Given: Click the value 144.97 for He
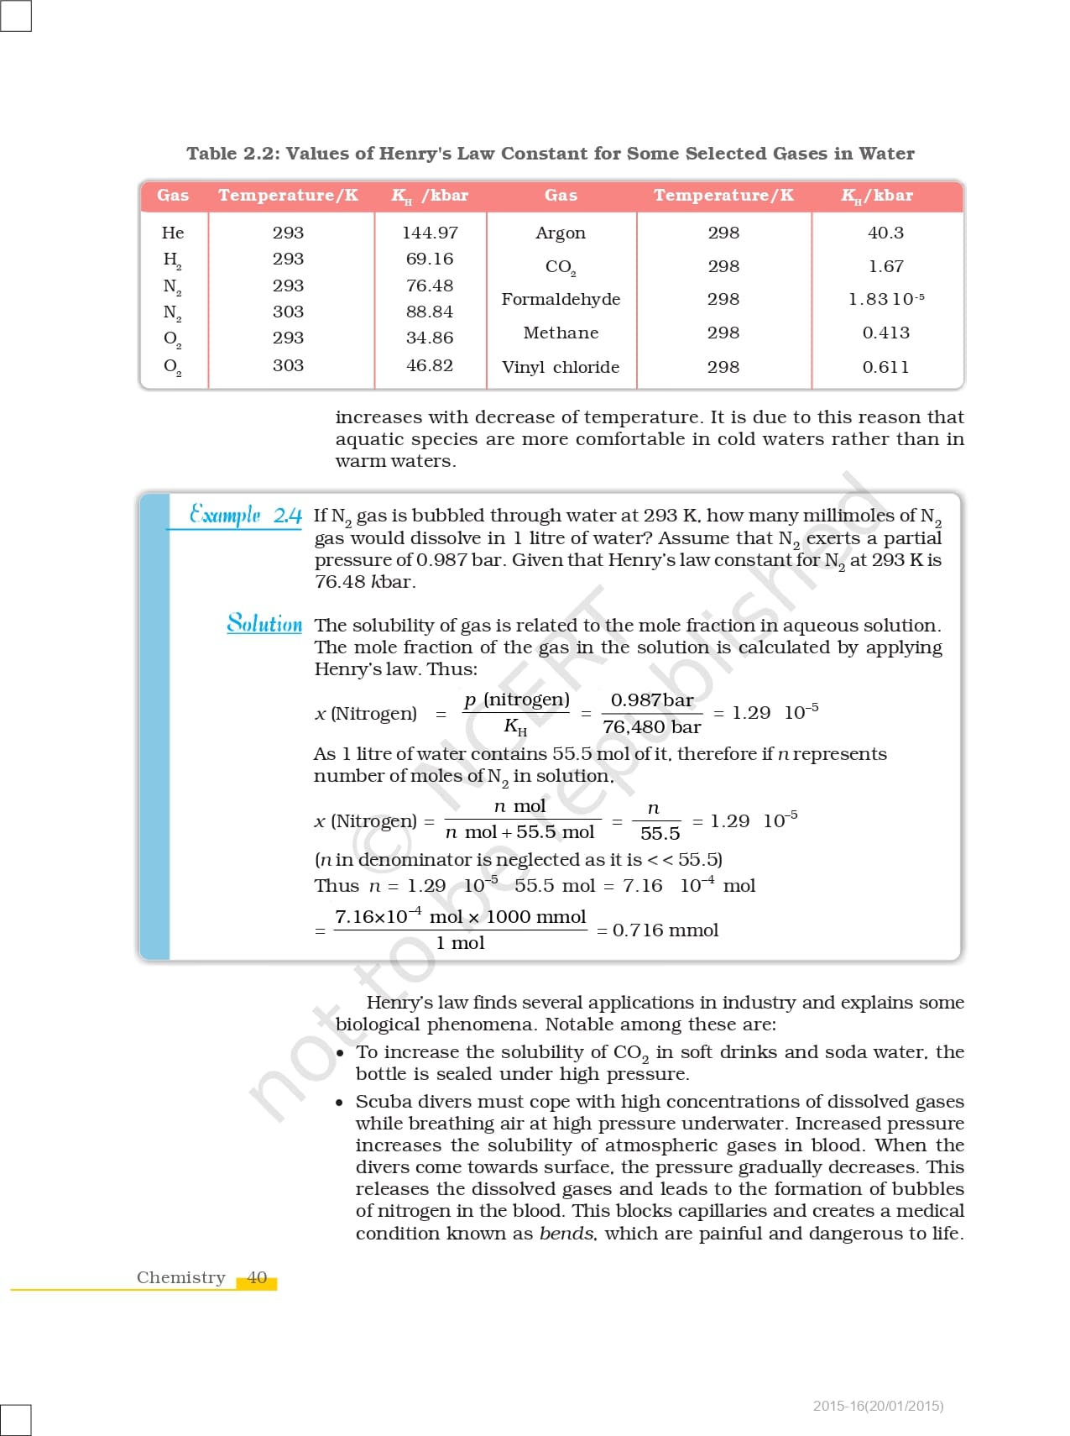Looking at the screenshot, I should [430, 233].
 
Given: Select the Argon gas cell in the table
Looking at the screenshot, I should [561, 233].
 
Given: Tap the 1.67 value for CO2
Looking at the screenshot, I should [885, 266].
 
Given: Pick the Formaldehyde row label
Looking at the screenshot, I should [561, 300].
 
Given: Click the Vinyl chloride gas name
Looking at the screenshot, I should [561, 367].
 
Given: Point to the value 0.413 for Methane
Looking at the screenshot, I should [885, 333].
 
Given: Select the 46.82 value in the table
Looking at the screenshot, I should [430, 365].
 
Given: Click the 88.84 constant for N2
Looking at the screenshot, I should [430, 312].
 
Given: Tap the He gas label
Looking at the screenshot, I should [173, 233].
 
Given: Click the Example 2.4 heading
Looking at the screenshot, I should [245, 514].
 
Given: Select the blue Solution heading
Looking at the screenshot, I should [264, 623].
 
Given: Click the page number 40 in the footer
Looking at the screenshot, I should [257, 1277].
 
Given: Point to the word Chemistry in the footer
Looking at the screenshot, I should [181, 1277].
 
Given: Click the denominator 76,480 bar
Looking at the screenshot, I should [651, 727].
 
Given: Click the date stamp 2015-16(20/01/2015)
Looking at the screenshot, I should [878, 1406].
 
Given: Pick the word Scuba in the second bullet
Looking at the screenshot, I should [382, 1101].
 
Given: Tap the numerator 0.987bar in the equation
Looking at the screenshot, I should [652, 700].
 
